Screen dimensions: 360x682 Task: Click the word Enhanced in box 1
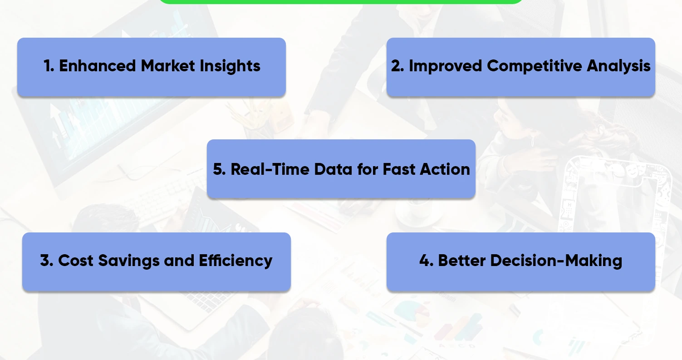(97, 66)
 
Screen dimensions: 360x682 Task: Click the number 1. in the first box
(49, 66)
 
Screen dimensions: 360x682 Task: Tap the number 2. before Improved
(397, 66)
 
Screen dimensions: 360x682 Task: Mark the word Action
(445, 169)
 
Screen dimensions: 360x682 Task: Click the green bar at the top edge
(340, 1)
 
